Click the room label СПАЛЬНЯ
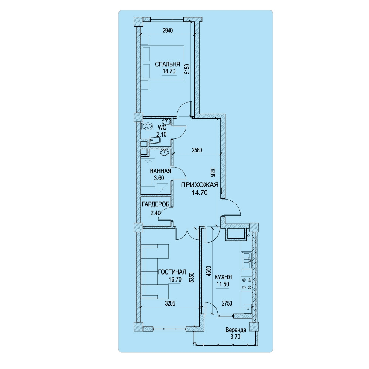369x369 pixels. pos(167,64)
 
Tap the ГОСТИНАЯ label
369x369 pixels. pos(172,272)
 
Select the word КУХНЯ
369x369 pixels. pos(223,277)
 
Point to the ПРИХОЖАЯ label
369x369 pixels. pos(200,185)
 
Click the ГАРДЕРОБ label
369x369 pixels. pos(156,204)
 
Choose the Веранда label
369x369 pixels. pos(236,330)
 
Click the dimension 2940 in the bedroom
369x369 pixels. pos(168,31)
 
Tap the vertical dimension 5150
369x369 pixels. pos(187,69)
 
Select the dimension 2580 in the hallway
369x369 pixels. pos(197,150)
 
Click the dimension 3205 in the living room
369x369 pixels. pos(170,304)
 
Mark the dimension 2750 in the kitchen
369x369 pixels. pos(227,303)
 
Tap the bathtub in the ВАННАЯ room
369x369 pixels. pos(149,172)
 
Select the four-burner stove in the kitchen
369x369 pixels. pos(247,283)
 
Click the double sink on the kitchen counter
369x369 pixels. pos(247,261)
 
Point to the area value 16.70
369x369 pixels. pos(175,279)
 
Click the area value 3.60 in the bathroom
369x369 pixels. pos(159,178)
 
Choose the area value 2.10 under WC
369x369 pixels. pos(162,134)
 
